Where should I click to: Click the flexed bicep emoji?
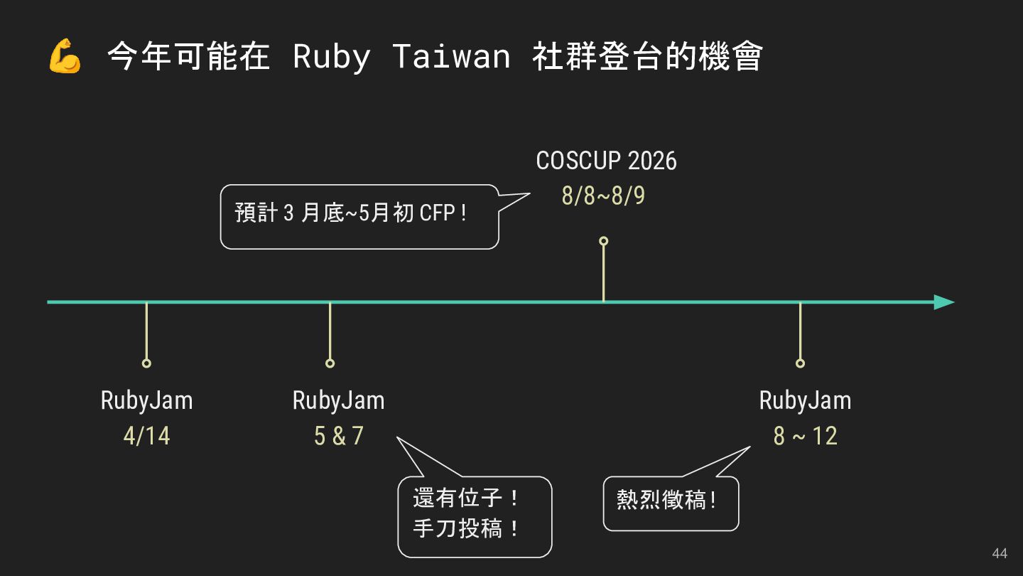(65, 57)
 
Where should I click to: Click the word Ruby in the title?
(331, 57)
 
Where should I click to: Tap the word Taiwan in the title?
(451, 57)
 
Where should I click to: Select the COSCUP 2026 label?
(606, 161)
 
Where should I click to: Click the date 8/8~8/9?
(603, 196)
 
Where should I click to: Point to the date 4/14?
(147, 436)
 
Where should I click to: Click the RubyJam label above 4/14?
(147, 400)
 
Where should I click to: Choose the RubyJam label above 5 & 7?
(338, 400)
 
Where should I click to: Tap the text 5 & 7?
(338, 436)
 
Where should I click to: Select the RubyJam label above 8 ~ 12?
(805, 400)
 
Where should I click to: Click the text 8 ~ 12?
(805, 436)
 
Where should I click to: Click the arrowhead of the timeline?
(944, 302)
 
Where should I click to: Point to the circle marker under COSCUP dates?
(603, 241)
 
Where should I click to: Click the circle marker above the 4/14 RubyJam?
(146, 363)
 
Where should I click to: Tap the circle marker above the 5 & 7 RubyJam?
(330, 363)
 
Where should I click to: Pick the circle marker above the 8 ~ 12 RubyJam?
(800, 363)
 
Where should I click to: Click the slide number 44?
(999, 554)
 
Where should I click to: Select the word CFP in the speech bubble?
(437, 213)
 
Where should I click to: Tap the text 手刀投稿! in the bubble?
(467, 530)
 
